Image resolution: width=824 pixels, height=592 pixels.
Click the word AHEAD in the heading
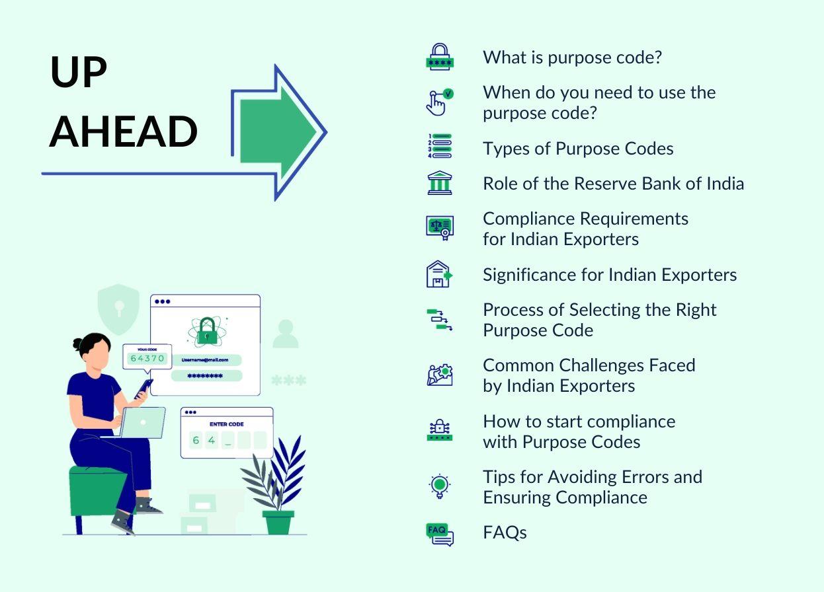(x=124, y=131)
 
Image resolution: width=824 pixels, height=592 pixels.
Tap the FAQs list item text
(x=505, y=533)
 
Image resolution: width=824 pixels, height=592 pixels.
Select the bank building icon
(x=439, y=182)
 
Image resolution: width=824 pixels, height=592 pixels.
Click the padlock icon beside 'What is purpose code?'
(x=439, y=57)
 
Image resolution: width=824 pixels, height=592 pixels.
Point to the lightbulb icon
(x=439, y=486)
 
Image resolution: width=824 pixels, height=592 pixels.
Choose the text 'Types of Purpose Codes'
(x=578, y=149)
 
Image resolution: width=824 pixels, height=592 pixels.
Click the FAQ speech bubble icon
(x=439, y=533)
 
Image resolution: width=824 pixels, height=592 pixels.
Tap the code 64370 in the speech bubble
(x=147, y=358)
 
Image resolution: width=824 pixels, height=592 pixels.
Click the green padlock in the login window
(x=207, y=330)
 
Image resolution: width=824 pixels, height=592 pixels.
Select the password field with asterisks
(x=206, y=376)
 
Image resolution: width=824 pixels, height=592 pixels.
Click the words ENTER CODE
(x=226, y=424)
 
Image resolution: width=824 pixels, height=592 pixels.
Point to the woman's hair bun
(x=78, y=344)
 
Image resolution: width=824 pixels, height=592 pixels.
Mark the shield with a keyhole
(x=118, y=307)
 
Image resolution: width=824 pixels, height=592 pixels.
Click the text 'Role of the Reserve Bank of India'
(x=613, y=183)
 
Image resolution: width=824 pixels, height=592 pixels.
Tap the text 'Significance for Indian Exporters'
(x=609, y=274)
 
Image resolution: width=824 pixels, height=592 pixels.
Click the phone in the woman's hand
(x=144, y=388)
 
